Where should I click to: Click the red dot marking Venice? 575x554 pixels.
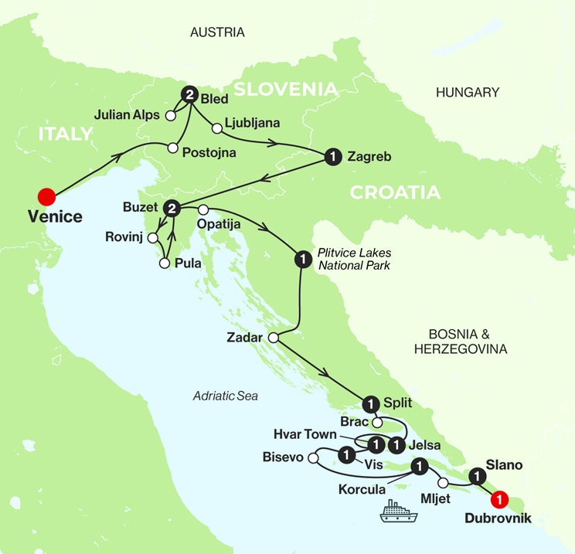click(46, 195)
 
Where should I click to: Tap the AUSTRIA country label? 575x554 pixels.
click(217, 32)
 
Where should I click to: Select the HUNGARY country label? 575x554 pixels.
click(468, 93)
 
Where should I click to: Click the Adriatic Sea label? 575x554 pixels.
click(226, 396)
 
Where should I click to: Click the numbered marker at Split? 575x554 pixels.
click(370, 402)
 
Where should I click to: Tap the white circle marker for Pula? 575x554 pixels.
click(163, 263)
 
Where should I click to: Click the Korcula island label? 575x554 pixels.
click(360, 489)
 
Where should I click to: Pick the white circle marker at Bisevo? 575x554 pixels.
click(313, 459)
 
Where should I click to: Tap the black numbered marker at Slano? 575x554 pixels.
click(477, 478)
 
